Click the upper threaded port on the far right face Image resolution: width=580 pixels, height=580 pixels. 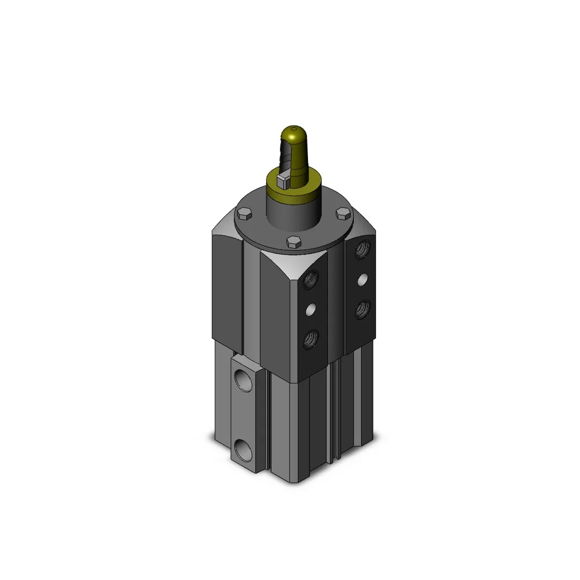click(364, 249)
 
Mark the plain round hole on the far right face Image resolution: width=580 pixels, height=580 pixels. click(363, 280)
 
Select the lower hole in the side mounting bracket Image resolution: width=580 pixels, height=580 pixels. click(240, 448)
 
